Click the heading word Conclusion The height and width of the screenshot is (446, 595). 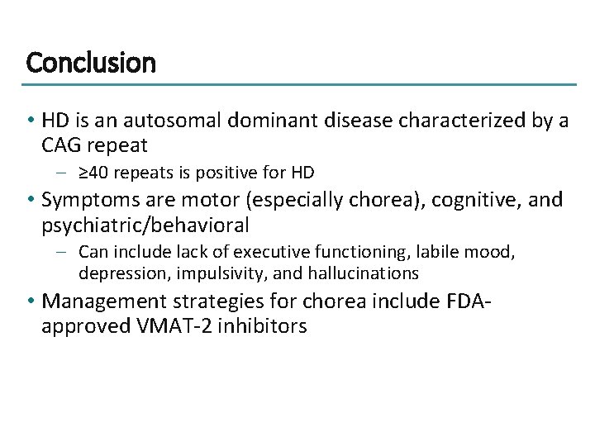tap(91, 62)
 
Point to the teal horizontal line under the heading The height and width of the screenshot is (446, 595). tap(297, 84)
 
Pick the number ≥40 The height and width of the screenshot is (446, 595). tap(97, 173)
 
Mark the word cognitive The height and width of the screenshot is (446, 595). tap(464, 199)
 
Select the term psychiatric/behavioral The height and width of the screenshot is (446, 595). tap(145, 225)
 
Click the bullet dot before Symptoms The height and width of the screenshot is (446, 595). tap(31, 200)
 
